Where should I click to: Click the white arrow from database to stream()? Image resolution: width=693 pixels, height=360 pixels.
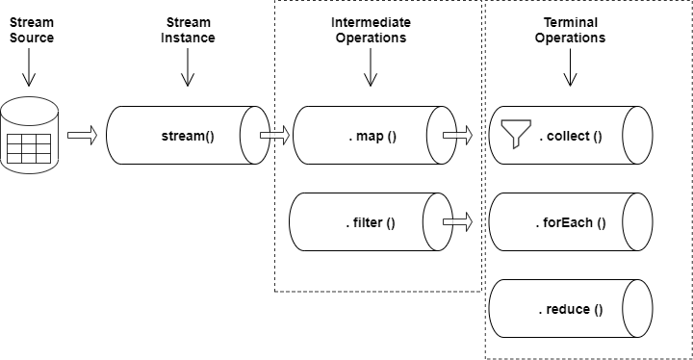pyautogui.click(x=82, y=136)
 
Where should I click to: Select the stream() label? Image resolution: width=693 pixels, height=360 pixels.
pyautogui.click(x=188, y=136)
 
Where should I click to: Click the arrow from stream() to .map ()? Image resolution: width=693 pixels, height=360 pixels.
pyautogui.click(x=274, y=136)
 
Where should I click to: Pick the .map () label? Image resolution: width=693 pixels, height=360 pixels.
pyautogui.click(x=372, y=136)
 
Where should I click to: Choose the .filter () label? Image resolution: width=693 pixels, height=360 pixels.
pyautogui.click(x=371, y=222)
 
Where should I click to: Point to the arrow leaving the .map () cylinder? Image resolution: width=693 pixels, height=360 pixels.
pyautogui.click(x=456, y=136)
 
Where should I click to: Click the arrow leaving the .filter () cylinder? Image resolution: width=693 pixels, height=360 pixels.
pyautogui.click(x=457, y=222)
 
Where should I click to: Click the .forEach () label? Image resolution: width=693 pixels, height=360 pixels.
pyautogui.click(x=571, y=222)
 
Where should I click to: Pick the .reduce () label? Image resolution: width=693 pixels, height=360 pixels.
pyautogui.click(x=570, y=309)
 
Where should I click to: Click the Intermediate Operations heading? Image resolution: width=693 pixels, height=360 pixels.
pyautogui.click(x=371, y=30)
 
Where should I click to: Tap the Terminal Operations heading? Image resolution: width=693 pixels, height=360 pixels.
pyautogui.click(x=571, y=30)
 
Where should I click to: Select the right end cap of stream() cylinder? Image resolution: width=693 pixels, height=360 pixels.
pyautogui.click(x=253, y=136)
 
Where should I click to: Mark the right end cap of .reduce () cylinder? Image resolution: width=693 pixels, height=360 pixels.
pyautogui.click(x=639, y=309)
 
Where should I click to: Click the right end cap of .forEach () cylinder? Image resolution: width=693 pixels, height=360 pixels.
pyautogui.click(x=639, y=222)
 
